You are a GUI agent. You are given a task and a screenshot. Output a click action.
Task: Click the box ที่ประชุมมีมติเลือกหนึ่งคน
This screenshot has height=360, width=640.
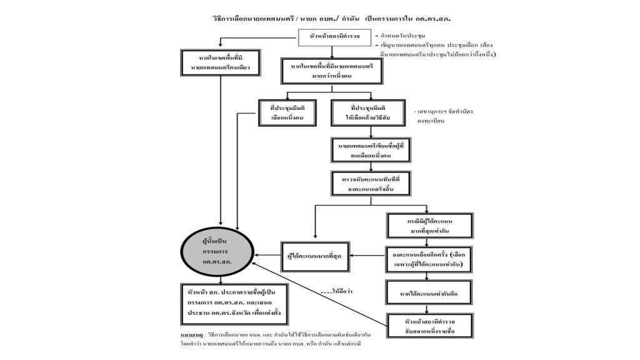[x=287, y=112]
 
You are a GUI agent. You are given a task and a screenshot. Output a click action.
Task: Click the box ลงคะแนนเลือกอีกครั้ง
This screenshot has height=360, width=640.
[x=427, y=260]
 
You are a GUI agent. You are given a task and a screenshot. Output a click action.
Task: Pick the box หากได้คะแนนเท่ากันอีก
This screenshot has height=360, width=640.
[x=427, y=292]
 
